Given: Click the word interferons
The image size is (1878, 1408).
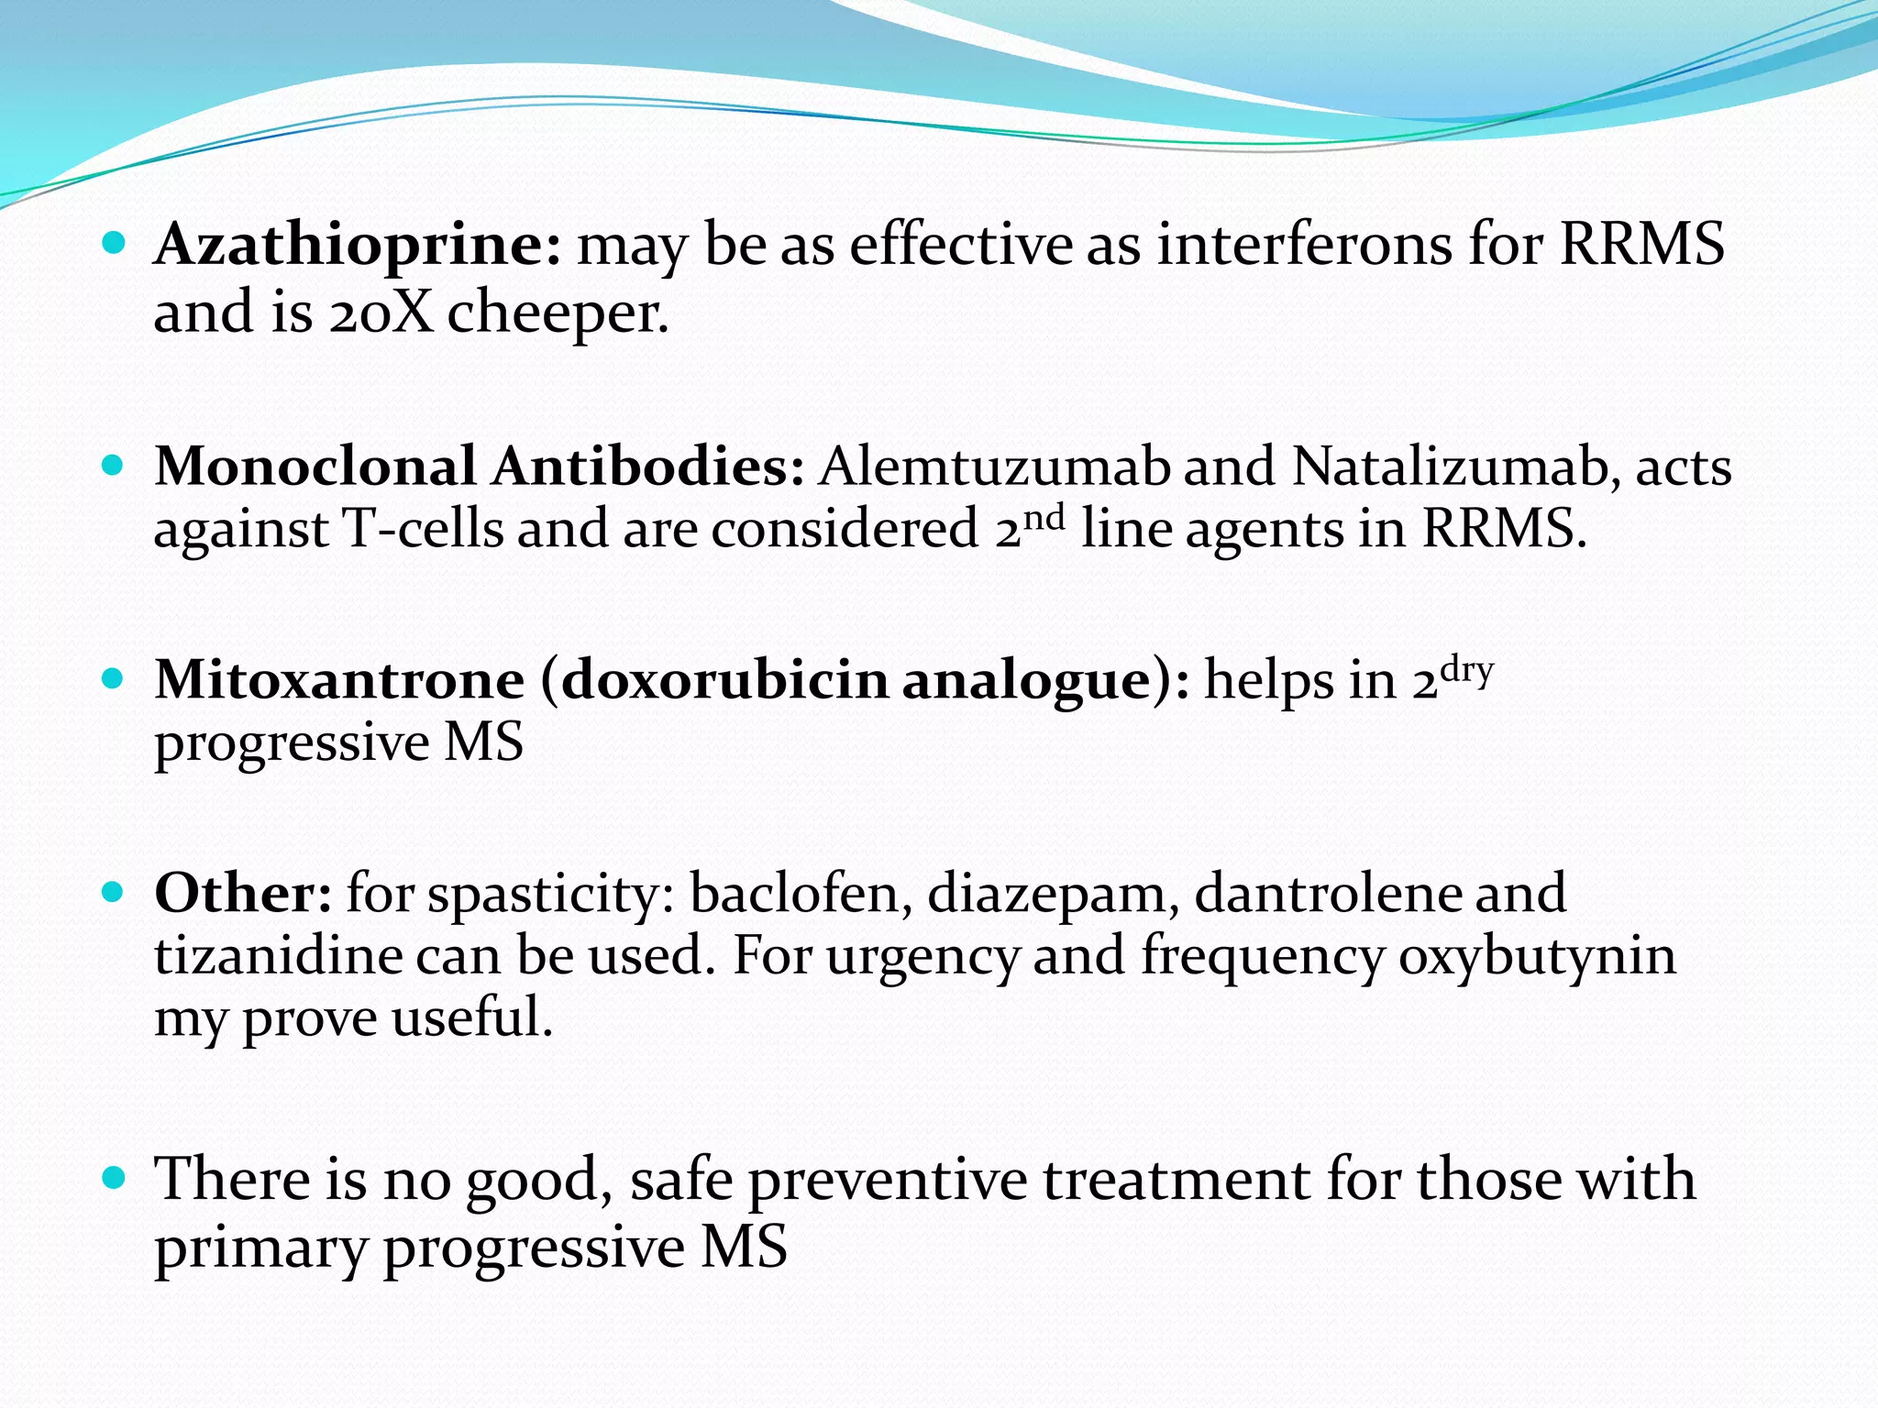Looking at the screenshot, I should [x=1304, y=246].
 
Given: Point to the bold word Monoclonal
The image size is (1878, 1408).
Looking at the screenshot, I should [x=315, y=467].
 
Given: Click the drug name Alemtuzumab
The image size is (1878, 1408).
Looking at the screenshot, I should [x=994, y=467].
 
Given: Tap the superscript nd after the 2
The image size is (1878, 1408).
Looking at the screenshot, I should [x=1044, y=518].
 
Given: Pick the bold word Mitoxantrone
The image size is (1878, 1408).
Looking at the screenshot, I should [x=339, y=680].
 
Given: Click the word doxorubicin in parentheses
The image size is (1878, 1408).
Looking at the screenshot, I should [x=724, y=680].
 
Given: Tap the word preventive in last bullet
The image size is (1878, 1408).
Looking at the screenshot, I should [x=888, y=1180].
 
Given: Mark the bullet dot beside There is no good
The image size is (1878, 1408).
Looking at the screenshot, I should [x=113, y=1178].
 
